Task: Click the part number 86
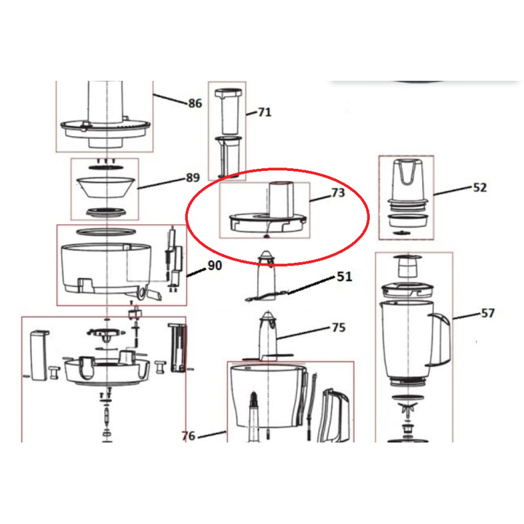coord(194,103)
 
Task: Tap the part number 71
coord(264,112)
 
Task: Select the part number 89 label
coord(192,178)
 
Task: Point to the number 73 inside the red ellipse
coord(338,193)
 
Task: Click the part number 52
coord(480,187)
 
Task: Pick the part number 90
coord(214,266)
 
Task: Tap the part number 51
coord(344,277)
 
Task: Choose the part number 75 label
coord(338,327)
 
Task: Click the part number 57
coord(487,313)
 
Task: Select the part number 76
coord(188,436)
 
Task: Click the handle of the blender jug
coord(440,339)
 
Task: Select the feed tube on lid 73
coord(282,197)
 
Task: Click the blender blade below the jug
coord(406,408)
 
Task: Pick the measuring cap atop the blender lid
coord(405,266)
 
